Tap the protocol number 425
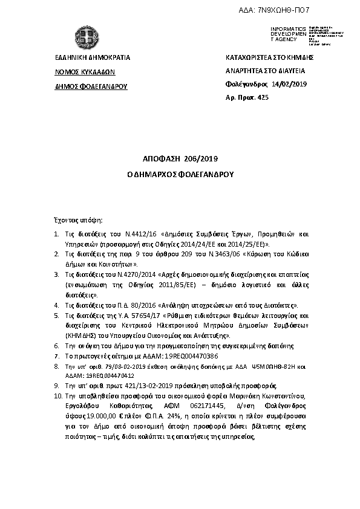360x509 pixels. (x=259, y=97)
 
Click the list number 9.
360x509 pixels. (x=56, y=384)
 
